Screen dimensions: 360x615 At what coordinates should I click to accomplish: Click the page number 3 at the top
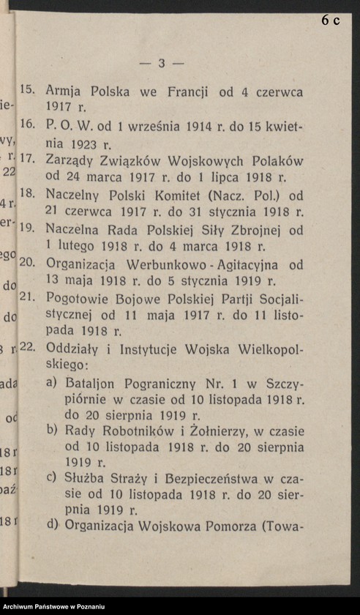(x=162, y=64)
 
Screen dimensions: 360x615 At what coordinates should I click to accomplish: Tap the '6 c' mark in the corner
(x=330, y=20)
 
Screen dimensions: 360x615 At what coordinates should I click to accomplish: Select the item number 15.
(x=28, y=91)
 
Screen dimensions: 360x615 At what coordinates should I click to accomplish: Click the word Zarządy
(x=70, y=160)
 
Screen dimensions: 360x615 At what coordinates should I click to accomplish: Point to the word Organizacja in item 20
(x=85, y=264)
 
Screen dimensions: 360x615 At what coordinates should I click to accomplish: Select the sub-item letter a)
(x=52, y=382)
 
